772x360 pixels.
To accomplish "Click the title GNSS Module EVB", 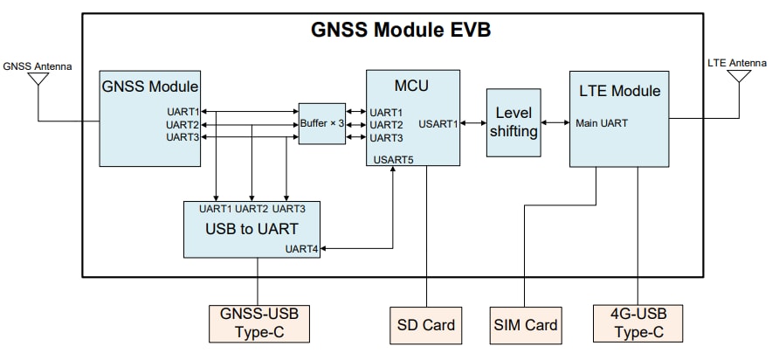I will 401,31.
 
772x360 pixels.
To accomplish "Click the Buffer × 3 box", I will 322,125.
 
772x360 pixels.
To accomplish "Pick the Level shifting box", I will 513,123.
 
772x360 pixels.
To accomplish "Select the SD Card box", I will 426,324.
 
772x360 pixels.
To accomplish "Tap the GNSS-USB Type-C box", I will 258,324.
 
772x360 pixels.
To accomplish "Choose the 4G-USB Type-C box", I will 638,324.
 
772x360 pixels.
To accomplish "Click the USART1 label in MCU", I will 439,124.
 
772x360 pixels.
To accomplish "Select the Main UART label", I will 601,123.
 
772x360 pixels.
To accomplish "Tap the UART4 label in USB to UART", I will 303,249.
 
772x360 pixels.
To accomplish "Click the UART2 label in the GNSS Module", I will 183,125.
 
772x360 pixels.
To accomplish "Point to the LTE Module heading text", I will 620,91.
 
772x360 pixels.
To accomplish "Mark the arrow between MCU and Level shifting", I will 473,124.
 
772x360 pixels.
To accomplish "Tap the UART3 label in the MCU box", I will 386,138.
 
